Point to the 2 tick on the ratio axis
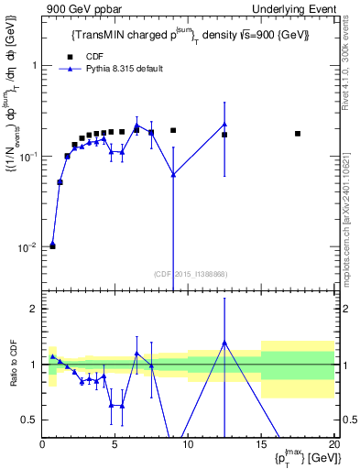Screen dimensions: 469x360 33,309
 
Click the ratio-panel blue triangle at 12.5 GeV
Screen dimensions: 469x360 224,343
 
